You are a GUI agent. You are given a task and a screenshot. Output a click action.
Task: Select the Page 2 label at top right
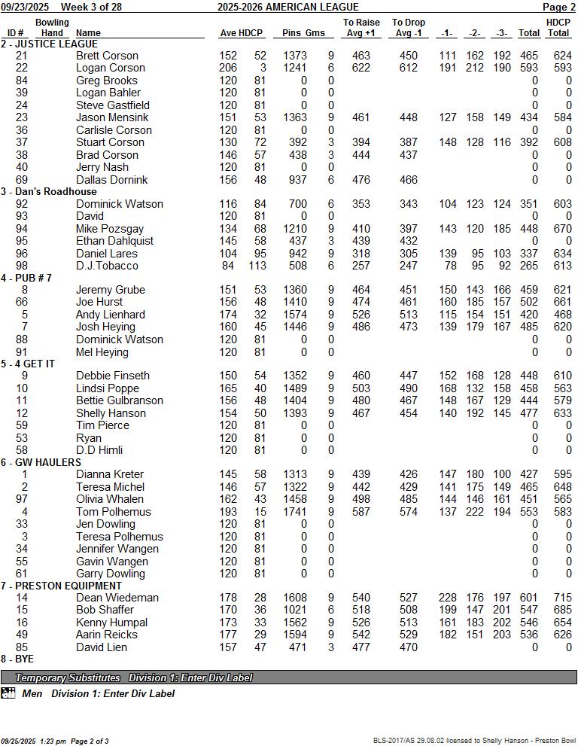(x=558, y=7)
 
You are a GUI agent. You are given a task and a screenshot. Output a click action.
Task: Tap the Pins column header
(x=292, y=33)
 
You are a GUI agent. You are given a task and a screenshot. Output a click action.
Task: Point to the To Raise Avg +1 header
(x=361, y=28)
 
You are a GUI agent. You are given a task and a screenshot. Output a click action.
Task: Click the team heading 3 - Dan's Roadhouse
(x=50, y=192)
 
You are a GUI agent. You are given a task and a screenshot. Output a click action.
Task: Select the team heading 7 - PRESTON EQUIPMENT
(x=61, y=586)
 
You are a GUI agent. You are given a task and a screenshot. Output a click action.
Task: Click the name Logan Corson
(x=111, y=68)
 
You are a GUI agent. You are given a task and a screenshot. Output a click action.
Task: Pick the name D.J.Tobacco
(x=107, y=266)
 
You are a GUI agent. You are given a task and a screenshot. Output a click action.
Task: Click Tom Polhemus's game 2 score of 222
(x=475, y=512)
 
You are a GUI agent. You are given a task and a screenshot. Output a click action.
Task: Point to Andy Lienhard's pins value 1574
(x=295, y=315)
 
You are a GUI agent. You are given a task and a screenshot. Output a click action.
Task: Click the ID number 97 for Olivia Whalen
(x=21, y=499)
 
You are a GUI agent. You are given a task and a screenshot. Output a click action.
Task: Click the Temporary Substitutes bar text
(x=134, y=677)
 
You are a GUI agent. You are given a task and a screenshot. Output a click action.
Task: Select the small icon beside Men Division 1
(x=8, y=693)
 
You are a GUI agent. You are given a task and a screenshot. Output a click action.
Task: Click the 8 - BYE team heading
(x=17, y=659)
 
